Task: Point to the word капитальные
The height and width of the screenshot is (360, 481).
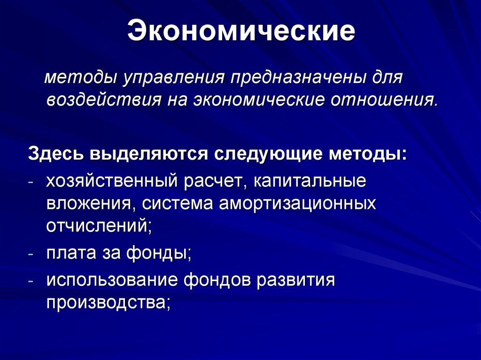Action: point(310,181)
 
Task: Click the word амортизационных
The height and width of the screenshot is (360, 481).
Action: point(288,204)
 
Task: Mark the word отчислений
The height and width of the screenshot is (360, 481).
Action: point(98,226)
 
